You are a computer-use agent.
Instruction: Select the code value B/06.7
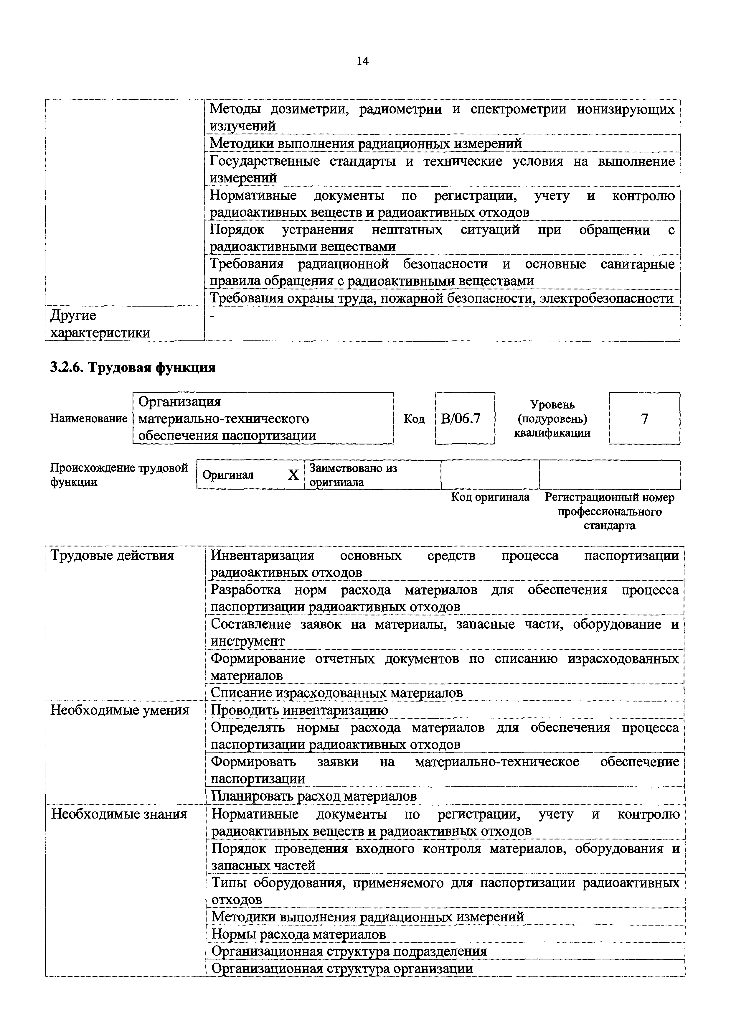point(461,419)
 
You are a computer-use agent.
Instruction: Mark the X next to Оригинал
point(293,475)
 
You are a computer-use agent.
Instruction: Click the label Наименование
point(89,419)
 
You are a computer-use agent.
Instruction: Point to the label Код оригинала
point(490,497)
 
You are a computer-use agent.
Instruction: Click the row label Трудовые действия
point(112,556)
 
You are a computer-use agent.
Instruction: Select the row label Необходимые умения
point(120,710)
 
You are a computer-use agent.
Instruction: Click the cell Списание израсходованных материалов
point(337,693)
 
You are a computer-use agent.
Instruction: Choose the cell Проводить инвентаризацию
point(299,710)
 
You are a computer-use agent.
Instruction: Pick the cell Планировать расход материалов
point(314,796)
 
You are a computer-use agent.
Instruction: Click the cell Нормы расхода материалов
point(298,934)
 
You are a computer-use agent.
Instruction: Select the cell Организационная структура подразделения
point(349,951)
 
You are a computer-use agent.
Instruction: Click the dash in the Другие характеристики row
point(213,316)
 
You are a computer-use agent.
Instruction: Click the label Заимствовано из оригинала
point(353,475)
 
